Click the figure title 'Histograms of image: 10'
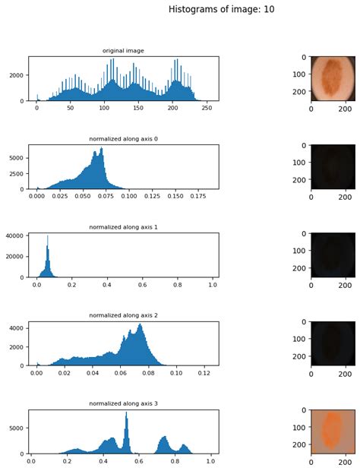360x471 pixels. tap(222, 10)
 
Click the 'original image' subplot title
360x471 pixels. tap(124, 51)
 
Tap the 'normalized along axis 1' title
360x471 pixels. tap(124, 227)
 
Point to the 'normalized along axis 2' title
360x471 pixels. tap(124, 315)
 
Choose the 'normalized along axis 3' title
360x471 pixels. tap(124, 403)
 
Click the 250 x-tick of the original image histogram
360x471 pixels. tap(206, 109)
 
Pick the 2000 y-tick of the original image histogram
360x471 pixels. tap(17, 76)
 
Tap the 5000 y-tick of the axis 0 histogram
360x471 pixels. tap(17, 158)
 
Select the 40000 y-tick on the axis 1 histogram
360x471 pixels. tap(14, 235)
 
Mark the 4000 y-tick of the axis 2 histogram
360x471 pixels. tap(17, 327)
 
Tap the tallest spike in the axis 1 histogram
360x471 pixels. tap(47, 237)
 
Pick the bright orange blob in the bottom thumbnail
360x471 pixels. tap(332, 429)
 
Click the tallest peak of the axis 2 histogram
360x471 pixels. tap(140, 325)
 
